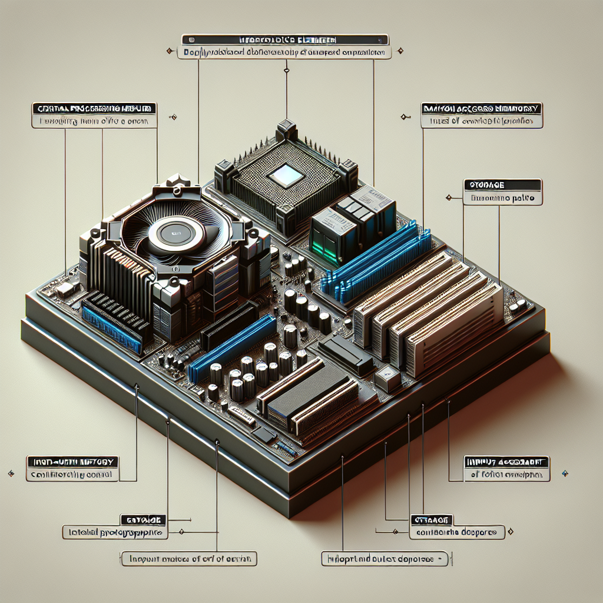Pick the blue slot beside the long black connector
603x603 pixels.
tap(233, 347)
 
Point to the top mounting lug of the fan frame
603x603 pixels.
tap(177, 180)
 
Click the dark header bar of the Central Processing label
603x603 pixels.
tap(94, 109)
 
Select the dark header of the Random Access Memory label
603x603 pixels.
tap(482, 109)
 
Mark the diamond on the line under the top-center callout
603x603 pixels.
tap(286, 71)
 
